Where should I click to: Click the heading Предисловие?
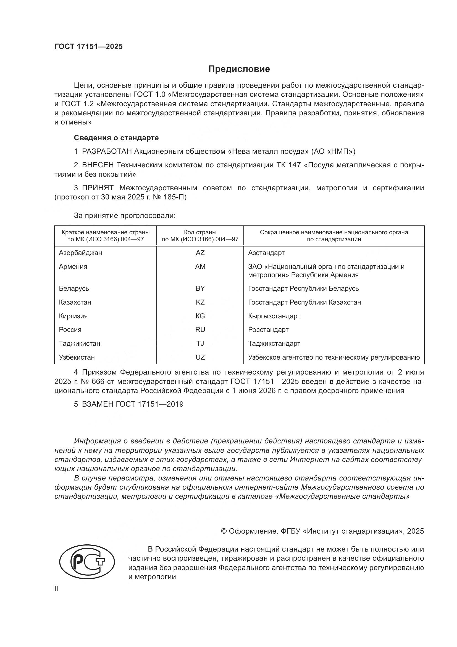point(239,69)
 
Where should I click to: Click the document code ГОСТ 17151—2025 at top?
point(88,47)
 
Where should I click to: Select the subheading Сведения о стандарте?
point(116,138)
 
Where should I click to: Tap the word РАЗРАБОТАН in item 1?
point(107,152)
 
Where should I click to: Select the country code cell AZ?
point(200,253)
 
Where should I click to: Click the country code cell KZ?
point(200,302)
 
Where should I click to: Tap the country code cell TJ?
point(200,344)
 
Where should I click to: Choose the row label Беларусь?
point(74,289)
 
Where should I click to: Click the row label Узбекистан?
point(77,357)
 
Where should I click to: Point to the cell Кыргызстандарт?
point(274,316)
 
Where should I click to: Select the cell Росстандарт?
point(268,330)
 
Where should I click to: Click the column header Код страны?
point(200,232)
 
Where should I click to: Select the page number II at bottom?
point(56,589)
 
